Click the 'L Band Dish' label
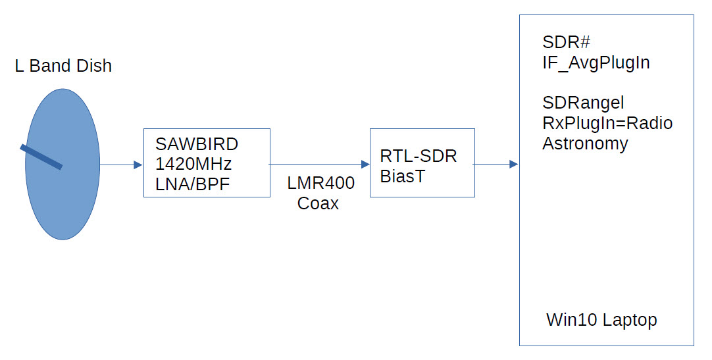63,66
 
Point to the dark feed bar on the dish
41,157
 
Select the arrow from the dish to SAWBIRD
121,165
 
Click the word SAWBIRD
197,144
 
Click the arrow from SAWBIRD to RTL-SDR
320,164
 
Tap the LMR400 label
320,184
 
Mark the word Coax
318,203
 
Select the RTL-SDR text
419,156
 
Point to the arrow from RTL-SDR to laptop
496,164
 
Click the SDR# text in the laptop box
566,42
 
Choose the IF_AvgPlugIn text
596,63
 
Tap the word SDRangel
583,103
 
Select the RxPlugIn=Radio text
607,123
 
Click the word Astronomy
585,143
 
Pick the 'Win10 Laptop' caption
601,321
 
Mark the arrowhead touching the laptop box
514,164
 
